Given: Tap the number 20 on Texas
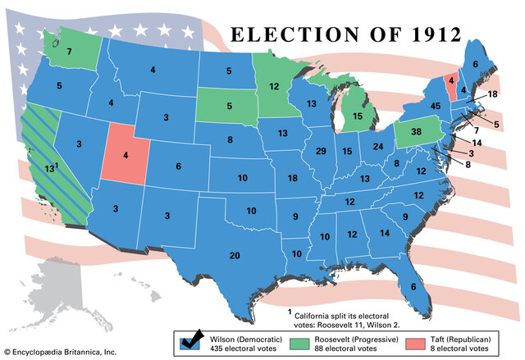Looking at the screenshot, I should (x=235, y=256).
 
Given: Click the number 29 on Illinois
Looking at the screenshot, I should (x=322, y=152).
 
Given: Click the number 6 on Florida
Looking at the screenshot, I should (x=413, y=286).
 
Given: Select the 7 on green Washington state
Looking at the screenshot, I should (x=70, y=52).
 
